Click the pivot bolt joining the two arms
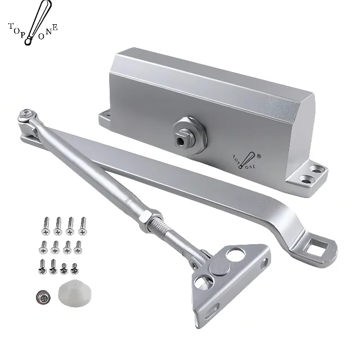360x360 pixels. click(26, 117)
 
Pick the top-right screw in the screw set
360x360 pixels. click(82, 225)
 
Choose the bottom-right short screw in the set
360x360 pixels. click(74, 266)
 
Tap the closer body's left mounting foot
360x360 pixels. click(105, 119)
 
